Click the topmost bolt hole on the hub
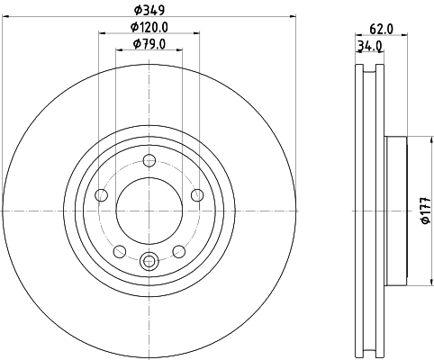pos(149,161)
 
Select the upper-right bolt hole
pos(197,193)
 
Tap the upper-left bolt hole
pos(102,194)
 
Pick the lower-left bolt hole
pos(120,250)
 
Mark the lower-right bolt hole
pos(178,250)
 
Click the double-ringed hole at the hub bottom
pos(149,262)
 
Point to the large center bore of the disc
pos(149,211)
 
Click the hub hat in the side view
pos(396,211)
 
